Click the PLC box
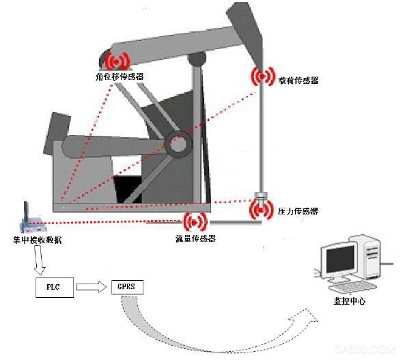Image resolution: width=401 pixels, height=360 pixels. tap(55, 288)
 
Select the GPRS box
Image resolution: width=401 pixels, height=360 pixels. tap(127, 287)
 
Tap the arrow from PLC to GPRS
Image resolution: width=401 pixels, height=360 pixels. tap(92, 287)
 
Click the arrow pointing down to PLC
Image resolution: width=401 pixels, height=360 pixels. tap(39, 260)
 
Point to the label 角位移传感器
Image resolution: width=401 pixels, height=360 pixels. tap(120, 77)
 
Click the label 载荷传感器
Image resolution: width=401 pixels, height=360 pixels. tap(299, 81)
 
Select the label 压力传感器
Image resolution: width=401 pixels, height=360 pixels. tap(298, 211)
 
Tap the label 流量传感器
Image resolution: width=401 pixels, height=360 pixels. tap(195, 238)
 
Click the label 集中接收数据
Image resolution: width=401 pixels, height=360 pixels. tap(38, 240)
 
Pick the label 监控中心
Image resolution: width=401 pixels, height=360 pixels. tap(349, 301)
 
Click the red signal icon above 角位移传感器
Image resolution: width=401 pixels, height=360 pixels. tap(116, 61)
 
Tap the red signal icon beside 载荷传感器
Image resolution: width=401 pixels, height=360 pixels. tap(262, 77)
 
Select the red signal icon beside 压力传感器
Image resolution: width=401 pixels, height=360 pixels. tap(261, 210)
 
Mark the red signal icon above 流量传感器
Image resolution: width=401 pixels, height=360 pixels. tap(195, 223)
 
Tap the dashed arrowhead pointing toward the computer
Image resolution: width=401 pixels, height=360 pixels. tap(305, 318)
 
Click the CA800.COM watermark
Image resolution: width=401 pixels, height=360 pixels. tap(365, 349)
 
